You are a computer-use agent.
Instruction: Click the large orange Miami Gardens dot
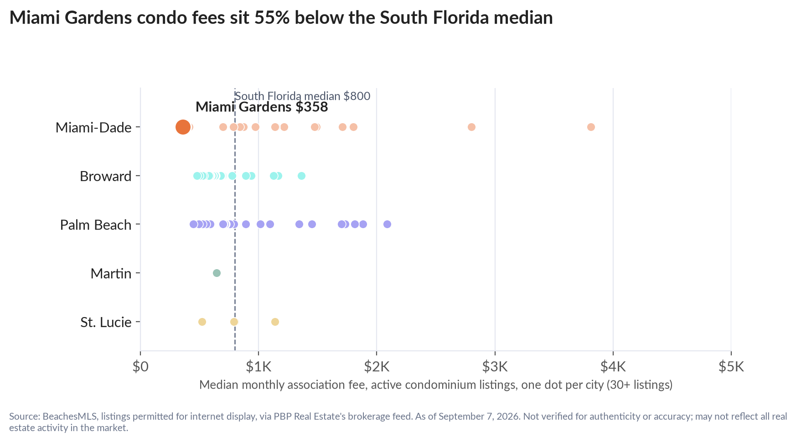coord(182,127)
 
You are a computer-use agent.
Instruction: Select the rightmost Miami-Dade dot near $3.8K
coord(591,127)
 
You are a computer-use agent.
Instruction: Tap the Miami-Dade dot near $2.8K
coord(471,127)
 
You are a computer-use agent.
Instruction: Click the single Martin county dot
coord(217,273)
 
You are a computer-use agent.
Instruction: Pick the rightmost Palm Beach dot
coord(387,224)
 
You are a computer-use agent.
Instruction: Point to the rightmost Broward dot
coord(301,176)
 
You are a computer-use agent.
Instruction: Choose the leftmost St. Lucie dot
coord(202,322)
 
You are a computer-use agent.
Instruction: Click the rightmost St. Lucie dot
coord(275,322)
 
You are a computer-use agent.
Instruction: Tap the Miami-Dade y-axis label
coord(93,127)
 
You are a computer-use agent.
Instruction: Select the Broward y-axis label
coord(106,176)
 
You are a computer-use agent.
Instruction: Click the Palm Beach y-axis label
coord(96,225)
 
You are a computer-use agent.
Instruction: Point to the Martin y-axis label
coord(111,274)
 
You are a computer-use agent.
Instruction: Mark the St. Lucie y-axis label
coord(106,323)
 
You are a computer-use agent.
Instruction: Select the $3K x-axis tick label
coord(495,366)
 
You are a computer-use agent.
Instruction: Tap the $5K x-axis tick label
coord(731,366)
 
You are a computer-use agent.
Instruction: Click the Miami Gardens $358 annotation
coord(262,107)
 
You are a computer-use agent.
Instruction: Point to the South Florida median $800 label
coord(302,96)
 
